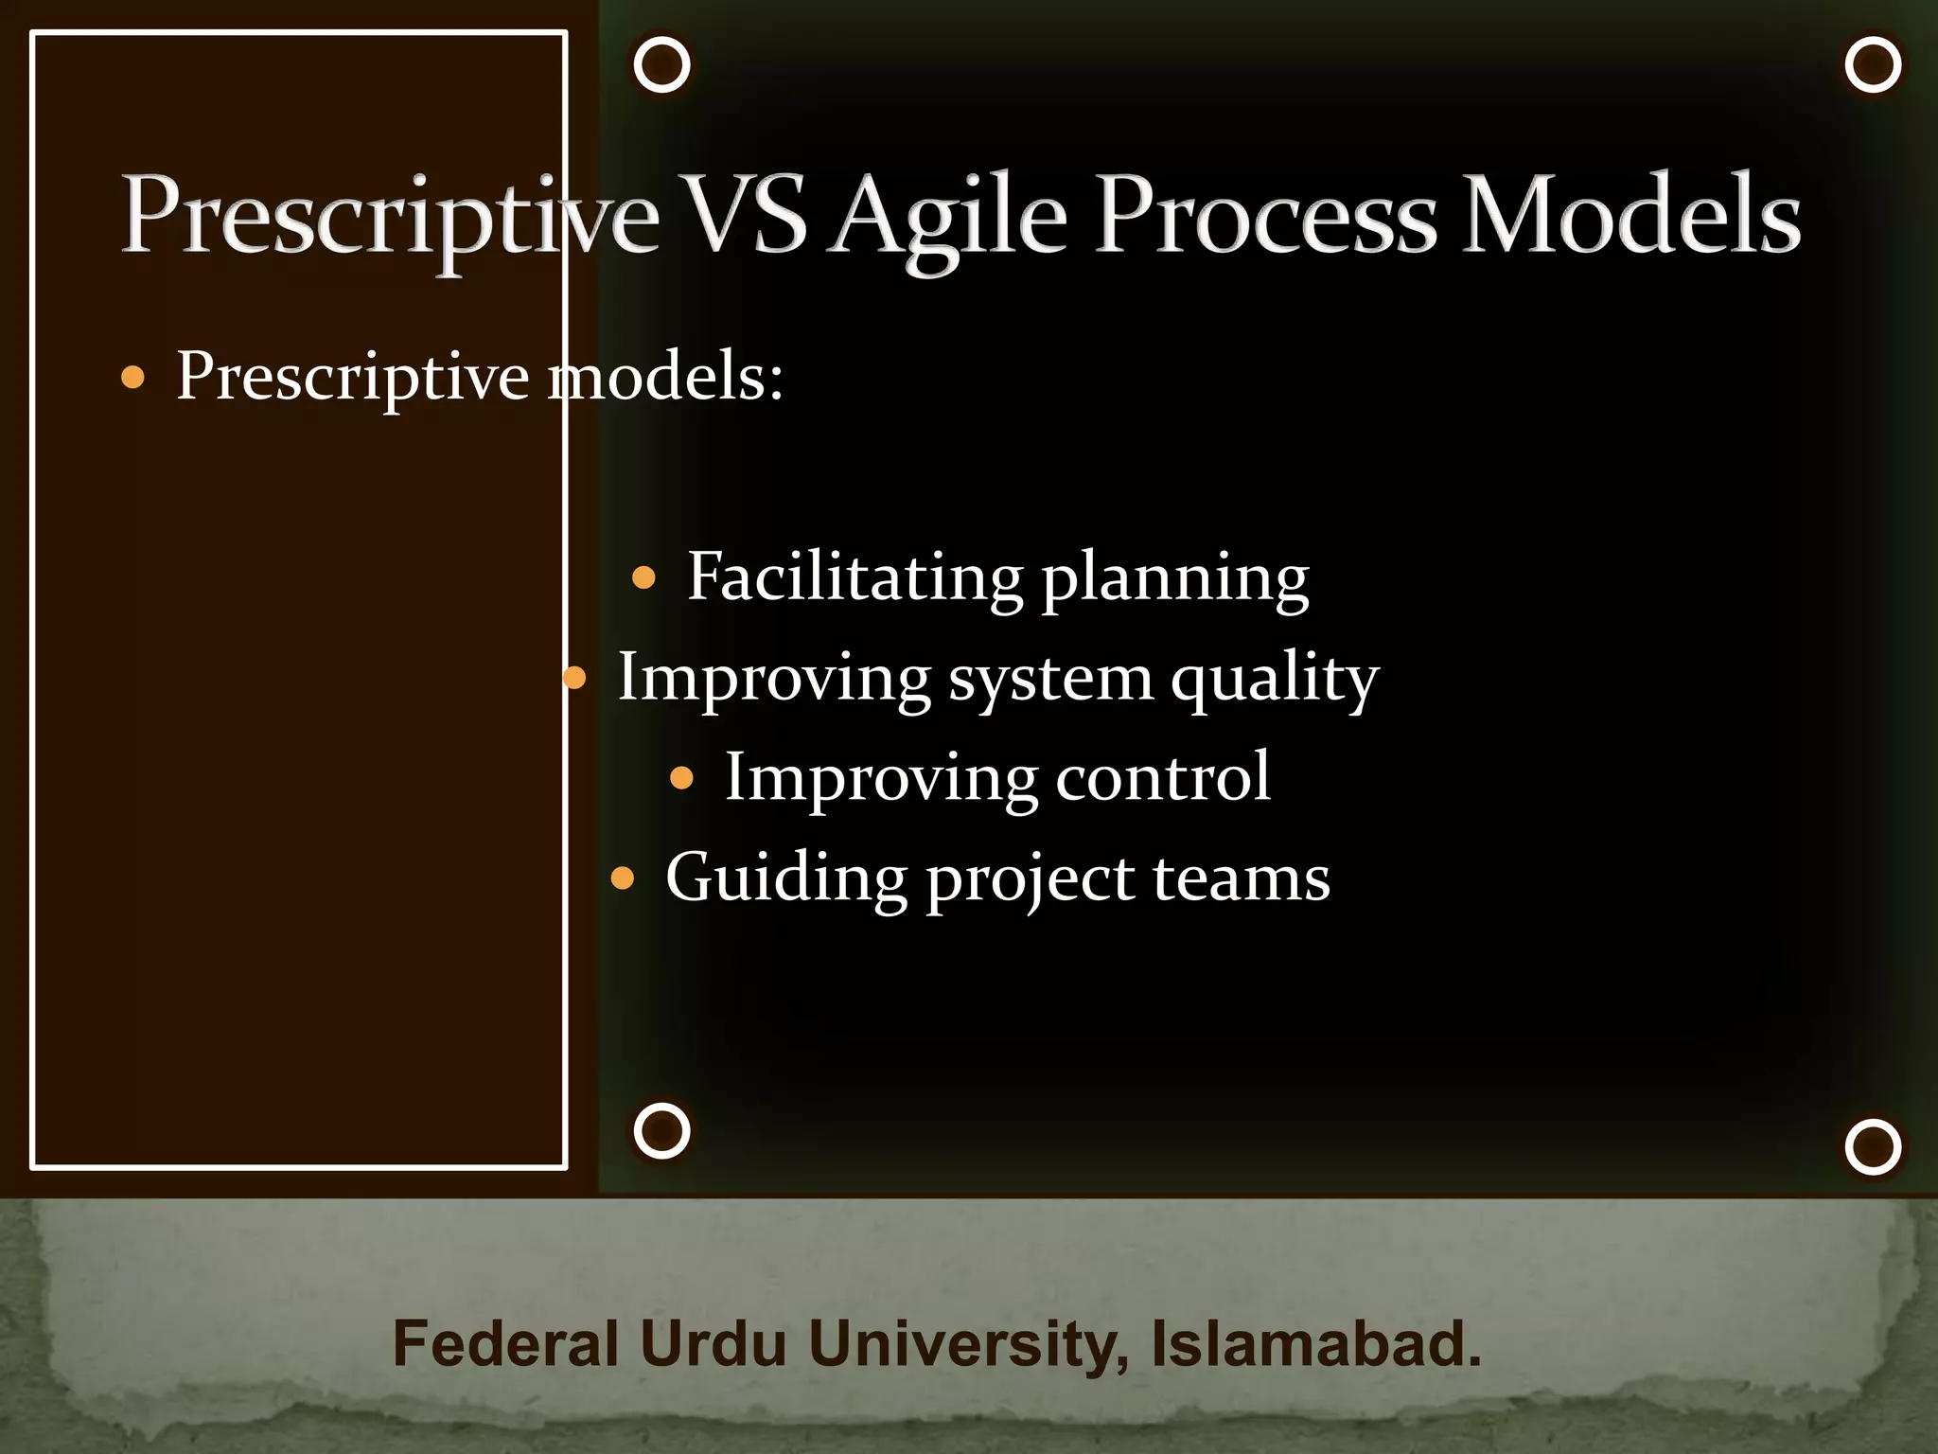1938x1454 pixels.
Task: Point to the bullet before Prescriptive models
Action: (x=133, y=379)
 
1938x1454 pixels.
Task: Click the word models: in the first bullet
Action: (x=666, y=377)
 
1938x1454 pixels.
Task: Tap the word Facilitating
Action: (x=854, y=576)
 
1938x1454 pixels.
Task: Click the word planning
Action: (x=1175, y=580)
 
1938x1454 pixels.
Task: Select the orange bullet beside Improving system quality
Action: (x=574, y=678)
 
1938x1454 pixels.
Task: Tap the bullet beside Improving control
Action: (x=681, y=779)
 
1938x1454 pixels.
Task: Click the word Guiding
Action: (x=785, y=878)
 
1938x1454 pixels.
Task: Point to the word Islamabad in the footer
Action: (x=1315, y=1343)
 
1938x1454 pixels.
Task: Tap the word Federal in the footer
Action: (x=505, y=1343)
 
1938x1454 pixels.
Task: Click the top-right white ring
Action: (x=1873, y=65)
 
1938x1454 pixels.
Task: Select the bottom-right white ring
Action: (x=1873, y=1146)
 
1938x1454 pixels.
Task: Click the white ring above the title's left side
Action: (x=661, y=65)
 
